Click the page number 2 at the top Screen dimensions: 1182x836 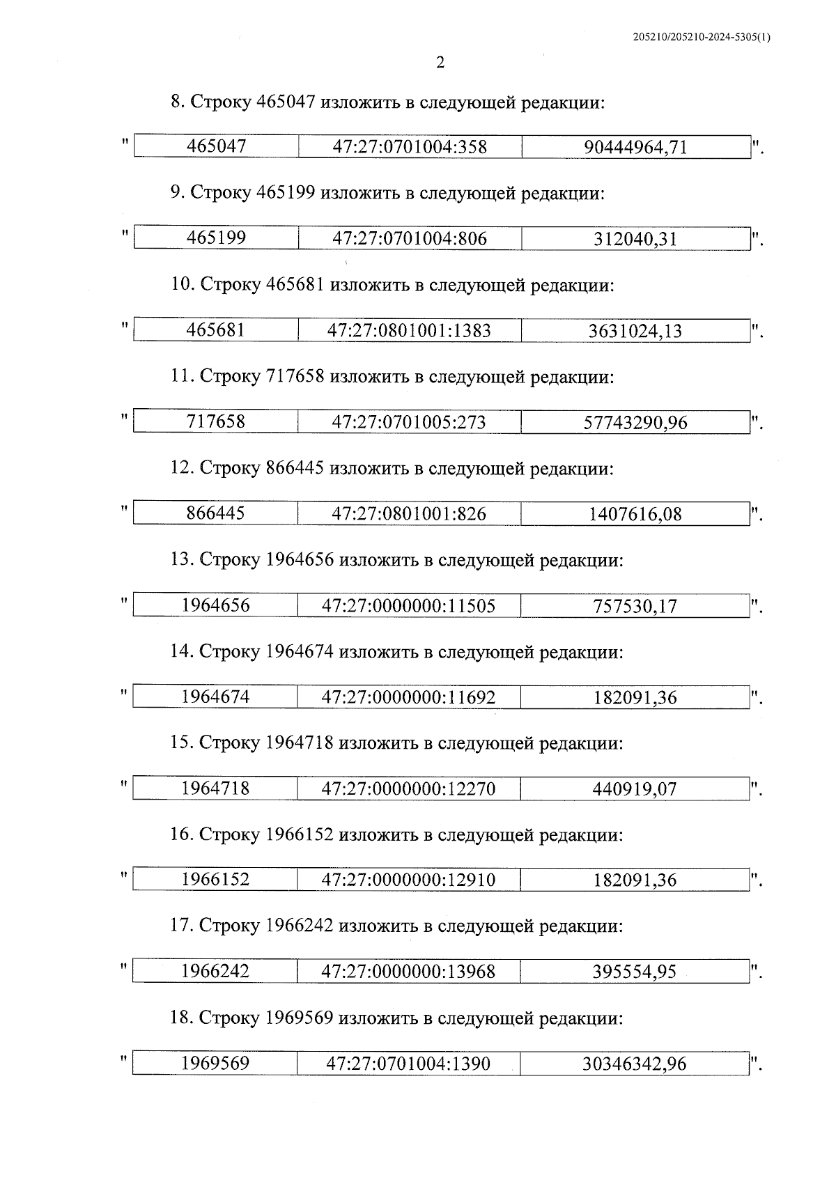(x=440, y=63)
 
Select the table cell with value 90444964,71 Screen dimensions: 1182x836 (x=635, y=147)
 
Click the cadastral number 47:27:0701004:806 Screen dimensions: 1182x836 (x=409, y=239)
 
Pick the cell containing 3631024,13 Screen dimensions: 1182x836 (x=635, y=331)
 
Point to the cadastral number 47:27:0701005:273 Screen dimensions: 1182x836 (x=409, y=422)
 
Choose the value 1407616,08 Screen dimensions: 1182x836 (x=635, y=514)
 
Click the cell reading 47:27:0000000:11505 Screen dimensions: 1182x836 (x=408, y=606)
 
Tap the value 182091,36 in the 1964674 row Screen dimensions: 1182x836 (x=635, y=697)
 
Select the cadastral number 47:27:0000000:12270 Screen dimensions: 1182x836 (x=408, y=789)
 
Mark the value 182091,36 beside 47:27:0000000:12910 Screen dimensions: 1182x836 (x=635, y=880)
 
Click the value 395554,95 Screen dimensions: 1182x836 (x=635, y=972)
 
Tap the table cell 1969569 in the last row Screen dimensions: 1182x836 (x=215, y=1064)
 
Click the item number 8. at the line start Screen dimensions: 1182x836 (x=178, y=102)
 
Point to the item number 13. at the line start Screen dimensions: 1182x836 (x=182, y=560)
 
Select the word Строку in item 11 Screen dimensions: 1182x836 (x=230, y=377)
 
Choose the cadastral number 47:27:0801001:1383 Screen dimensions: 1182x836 (x=409, y=331)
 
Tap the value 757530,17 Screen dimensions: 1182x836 (x=635, y=606)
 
